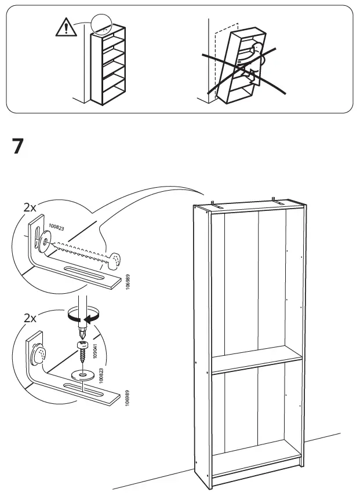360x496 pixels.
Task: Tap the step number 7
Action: tap(17, 147)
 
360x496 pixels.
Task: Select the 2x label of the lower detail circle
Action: tap(30, 318)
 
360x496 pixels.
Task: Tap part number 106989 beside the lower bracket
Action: tap(127, 400)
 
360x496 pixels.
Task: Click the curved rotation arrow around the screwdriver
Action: tap(81, 316)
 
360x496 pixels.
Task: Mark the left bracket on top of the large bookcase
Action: tap(213, 203)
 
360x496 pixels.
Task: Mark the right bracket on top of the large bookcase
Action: tap(275, 200)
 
